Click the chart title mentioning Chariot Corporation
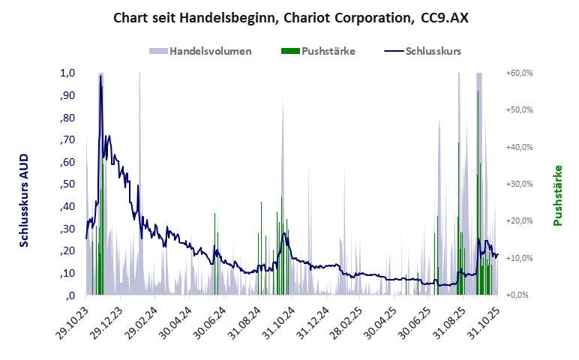click(290, 16)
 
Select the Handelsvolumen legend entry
click(210, 51)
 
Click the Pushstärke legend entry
click(328, 51)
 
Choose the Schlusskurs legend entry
click(433, 51)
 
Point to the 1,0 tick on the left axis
click(68, 73)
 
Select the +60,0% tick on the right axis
click(518, 73)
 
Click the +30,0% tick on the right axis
click(518, 184)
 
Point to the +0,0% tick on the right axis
click(518, 295)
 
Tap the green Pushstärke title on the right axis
click(557, 195)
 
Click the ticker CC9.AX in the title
click(445, 16)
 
